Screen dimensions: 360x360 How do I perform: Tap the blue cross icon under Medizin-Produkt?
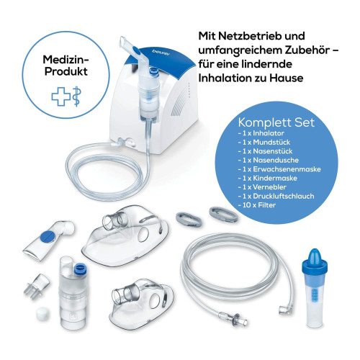click(61, 96)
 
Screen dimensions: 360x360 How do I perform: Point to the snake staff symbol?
click(77, 96)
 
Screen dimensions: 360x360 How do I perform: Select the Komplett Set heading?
click(276, 122)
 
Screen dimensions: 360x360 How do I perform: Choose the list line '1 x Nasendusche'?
click(269, 160)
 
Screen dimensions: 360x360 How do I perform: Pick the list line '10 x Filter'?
click(257, 205)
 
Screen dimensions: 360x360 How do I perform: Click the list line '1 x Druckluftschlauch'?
click(276, 196)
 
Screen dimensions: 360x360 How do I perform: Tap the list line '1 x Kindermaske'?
click(268, 178)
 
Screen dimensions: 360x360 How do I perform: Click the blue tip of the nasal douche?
click(315, 256)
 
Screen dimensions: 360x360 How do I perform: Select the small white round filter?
click(43, 314)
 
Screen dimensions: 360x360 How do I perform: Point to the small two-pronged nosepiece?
click(37, 287)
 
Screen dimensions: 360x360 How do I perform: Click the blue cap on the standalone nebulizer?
click(79, 269)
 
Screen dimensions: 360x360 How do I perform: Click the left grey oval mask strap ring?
click(189, 219)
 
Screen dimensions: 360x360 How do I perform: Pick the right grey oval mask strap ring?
click(223, 215)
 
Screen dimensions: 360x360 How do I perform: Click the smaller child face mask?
click(142, 304)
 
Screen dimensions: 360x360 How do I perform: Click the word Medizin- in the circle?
click(66, 59)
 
